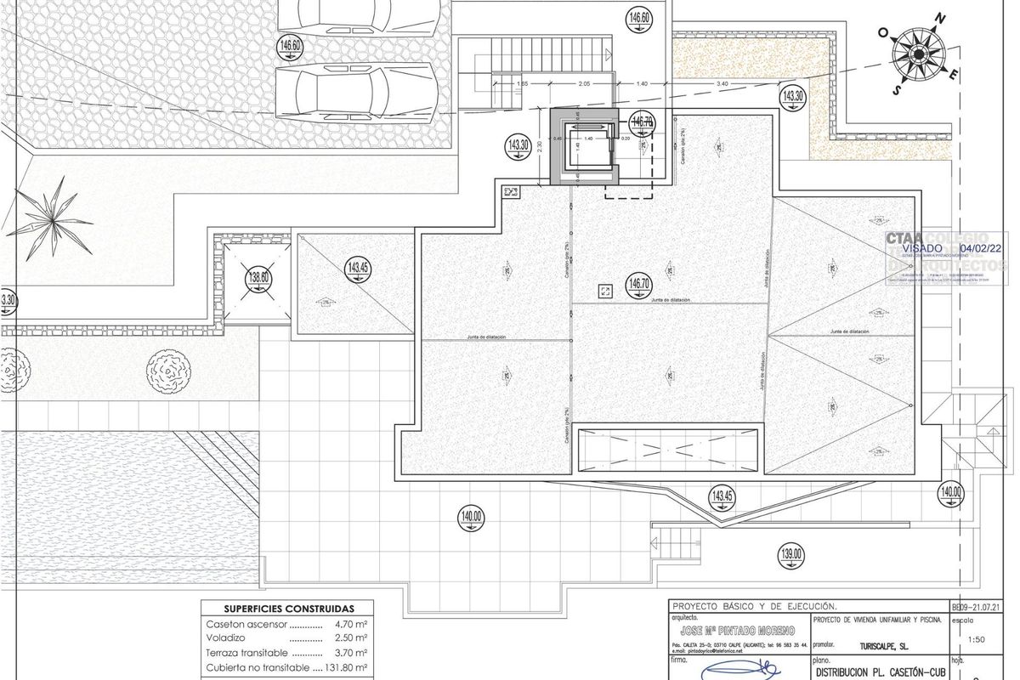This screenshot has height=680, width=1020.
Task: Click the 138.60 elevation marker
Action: [x=258, y=278]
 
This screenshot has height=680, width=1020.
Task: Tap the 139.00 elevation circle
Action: [x=790, y=556]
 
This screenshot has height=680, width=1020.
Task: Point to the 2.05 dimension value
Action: [x=584, y=84]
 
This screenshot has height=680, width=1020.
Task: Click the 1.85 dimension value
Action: [x=523, y=84]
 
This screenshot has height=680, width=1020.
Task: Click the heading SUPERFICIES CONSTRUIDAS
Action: [x=288, y=609]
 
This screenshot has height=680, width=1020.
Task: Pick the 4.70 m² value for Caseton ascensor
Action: [x=348, y=624]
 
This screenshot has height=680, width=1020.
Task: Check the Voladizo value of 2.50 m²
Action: [x=348, y=638]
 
